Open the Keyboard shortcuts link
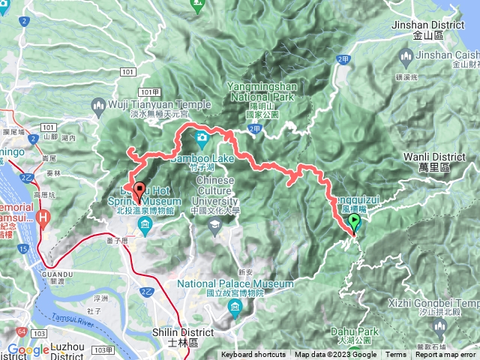(x=253, y=355)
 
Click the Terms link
(x=395, y=355)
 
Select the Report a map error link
(x=445, y=355)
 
